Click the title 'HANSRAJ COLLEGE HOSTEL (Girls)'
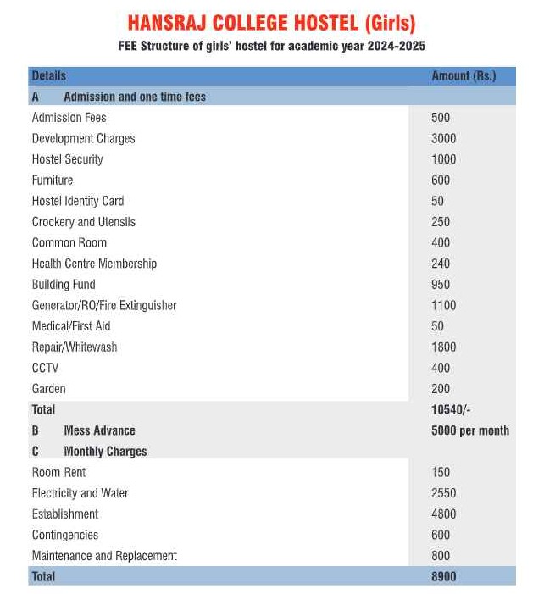coord(271,23)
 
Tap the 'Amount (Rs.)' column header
coord(464,75)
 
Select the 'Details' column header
coord(48,75)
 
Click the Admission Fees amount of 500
coord(441,118)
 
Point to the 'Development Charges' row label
coord(83,138)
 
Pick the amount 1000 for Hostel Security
coord(443,159)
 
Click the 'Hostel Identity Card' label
coord(78,201)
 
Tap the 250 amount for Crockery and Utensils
coord(441,222)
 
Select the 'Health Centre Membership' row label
coord(94,264)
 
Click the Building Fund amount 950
coord(441,285)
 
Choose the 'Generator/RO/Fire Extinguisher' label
coord(104,305)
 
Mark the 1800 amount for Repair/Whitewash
coord(443,347)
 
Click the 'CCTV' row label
coord(45,368)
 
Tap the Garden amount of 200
coord(441,389)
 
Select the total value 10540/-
coord(451,409)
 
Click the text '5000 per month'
coord(470,430)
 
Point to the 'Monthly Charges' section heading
coord(105,452)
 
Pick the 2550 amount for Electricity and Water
coord(443,493)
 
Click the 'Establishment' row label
coord(65,514)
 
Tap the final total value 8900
coord(444,576)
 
